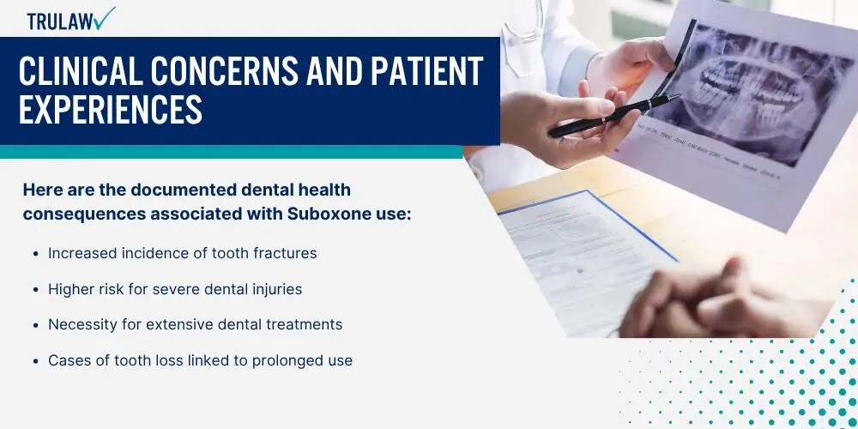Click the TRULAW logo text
point(59,21)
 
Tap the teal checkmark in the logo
point(104,18)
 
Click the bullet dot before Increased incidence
point(35,254)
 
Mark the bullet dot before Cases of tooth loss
point(35,361)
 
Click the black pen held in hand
point(614,116)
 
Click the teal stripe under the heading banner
point(232,152)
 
